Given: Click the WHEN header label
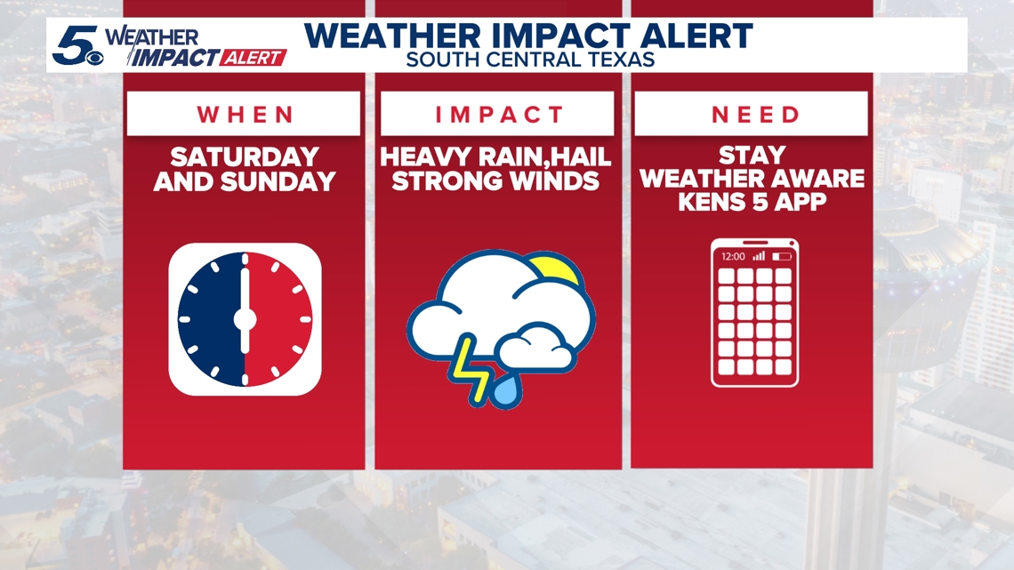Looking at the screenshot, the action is point(245,115).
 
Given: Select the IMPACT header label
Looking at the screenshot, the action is point(499,115).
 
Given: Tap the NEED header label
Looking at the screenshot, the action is point(755,115).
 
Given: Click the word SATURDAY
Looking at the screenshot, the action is point(245,157).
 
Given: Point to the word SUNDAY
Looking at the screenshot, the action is point(278,181).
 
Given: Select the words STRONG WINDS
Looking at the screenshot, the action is point(495,181).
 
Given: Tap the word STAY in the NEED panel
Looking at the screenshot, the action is point(752,155).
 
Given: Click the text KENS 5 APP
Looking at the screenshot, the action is point(752,202).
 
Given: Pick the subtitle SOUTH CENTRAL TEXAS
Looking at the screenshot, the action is point(530,60).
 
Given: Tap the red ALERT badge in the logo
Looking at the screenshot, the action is point(253,58).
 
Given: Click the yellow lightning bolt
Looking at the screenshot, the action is point(471,370).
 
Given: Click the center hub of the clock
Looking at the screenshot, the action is point(245,318).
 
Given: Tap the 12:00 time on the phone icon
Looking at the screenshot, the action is point(733,257).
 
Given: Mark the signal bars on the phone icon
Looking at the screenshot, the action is point(760,256).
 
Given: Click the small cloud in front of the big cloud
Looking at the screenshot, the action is point(536,349).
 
